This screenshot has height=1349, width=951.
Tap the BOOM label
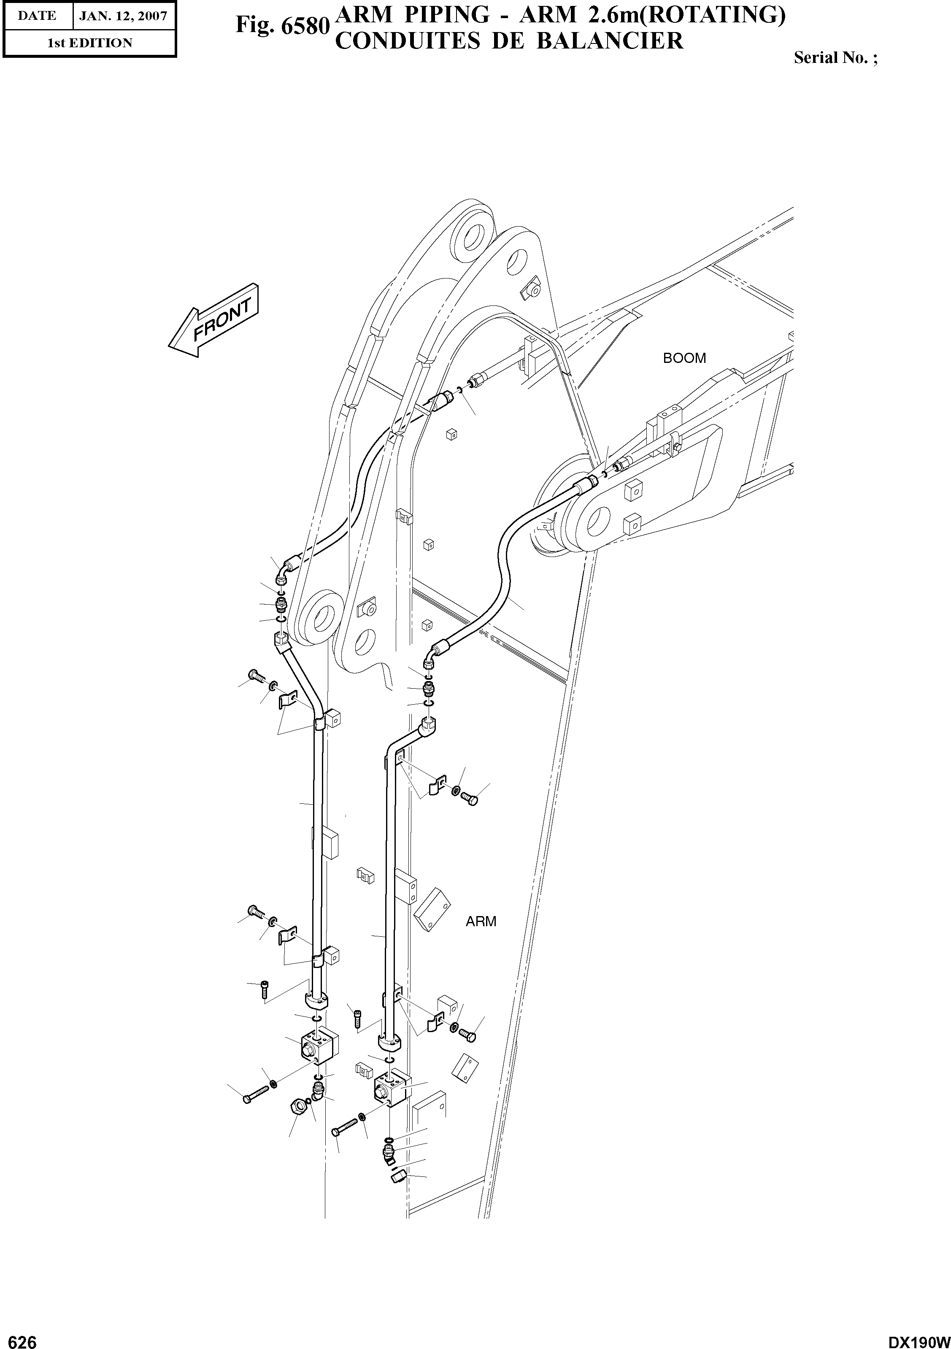tap(684, 358)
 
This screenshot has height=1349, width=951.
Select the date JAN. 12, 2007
tap(123, 16)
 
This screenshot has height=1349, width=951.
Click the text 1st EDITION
tap(89, 43)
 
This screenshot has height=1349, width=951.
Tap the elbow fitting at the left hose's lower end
tap(285, 570)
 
